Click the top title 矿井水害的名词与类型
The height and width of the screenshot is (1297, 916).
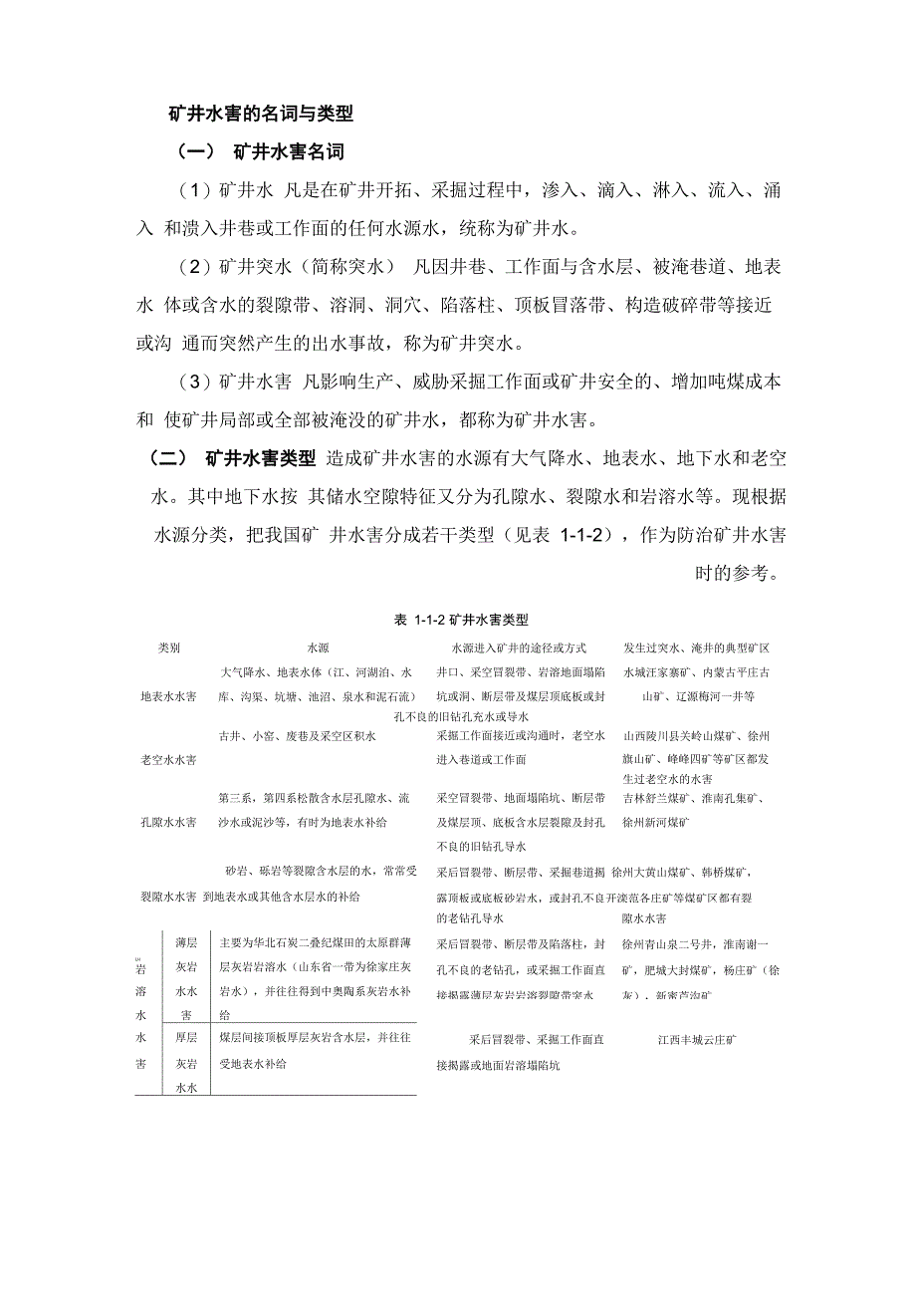[x=261, y=115]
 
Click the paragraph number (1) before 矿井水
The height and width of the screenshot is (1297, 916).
[x=195, y=190]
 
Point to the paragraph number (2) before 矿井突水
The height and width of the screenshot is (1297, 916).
[x=195, y=267]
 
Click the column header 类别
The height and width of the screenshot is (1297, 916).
[x=168, y=648]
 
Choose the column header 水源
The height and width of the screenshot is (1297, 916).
[x=318, y=648]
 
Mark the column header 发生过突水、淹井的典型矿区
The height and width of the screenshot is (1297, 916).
[x=696, y=648]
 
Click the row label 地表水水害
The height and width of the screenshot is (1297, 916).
[x=168, y=696]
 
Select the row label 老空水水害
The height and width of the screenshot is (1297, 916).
[x=168, y=760]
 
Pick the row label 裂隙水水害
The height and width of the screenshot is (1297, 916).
[x=168, y=897]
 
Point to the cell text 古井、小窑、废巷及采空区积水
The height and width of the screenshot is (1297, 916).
[x=297, y=736]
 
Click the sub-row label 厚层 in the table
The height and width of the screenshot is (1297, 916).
[x=184, y=1038]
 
